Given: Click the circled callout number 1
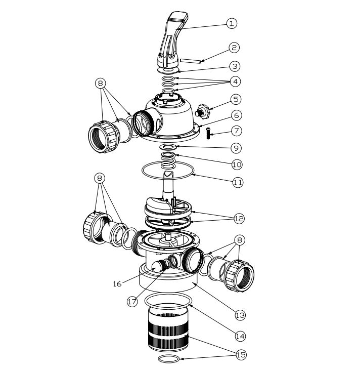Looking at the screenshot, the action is click(x=232, y=23).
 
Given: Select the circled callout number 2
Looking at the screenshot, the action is click(x=234, y=48).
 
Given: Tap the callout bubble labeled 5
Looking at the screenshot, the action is click(x=236, y=99).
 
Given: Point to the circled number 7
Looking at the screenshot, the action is click(x=237, y=131).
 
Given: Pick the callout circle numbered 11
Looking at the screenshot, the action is click(x=238, y=182).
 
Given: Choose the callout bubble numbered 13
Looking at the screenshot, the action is click(x=240, y=315).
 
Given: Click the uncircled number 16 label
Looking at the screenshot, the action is click(x=117, y=284).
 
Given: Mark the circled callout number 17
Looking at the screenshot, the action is click(x=132, y=302).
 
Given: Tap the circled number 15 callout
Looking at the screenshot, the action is click(x=241, y=355).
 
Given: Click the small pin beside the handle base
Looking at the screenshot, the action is click(x=191, y=61).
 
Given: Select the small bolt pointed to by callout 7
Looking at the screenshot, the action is click(x=208, y=133).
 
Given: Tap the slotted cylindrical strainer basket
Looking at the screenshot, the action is click(x=168, y=328).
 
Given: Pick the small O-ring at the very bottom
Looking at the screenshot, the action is click(x=168, y=358).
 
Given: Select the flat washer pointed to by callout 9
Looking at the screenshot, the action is click(x=168, y=147).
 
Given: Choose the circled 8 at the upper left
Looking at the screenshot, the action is click(x=100, y=84).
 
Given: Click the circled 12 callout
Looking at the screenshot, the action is click(x=239, y=218).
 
